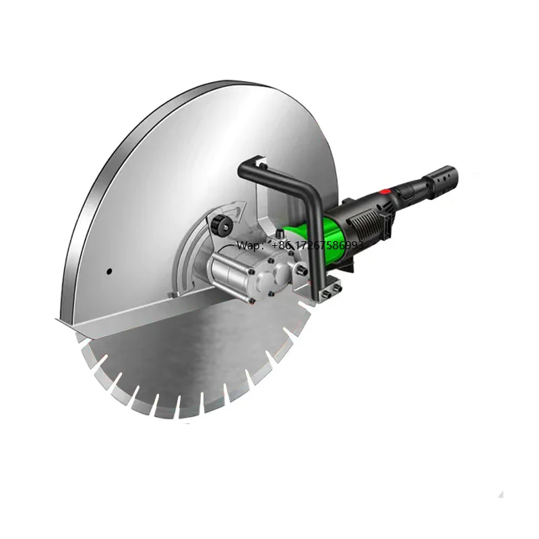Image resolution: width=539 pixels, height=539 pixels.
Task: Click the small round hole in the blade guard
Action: click(x=108, y=272)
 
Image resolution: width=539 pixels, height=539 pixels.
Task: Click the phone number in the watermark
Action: click(x=317, y=247)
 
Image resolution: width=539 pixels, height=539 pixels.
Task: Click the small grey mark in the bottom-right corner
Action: click(x=500, y=495)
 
